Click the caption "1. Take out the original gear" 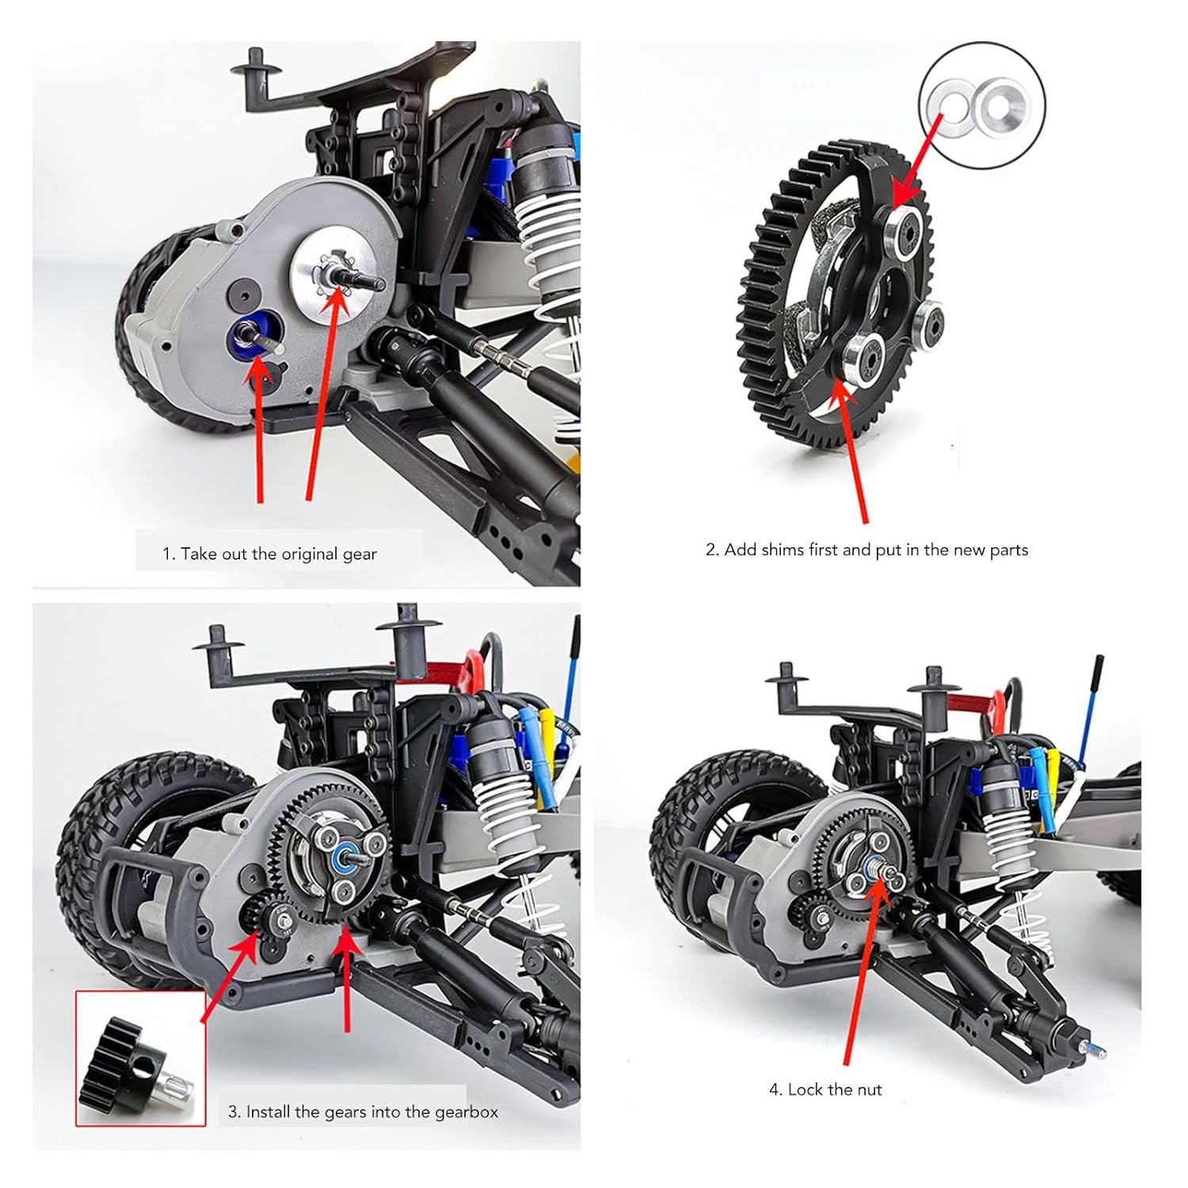[x=269, y=554]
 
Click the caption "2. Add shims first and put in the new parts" [x=866, y=550]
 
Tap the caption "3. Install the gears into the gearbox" [x=363, y=1112]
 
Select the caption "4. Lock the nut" [x=825, y=1090]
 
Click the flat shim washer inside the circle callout [x=950, y=102]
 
